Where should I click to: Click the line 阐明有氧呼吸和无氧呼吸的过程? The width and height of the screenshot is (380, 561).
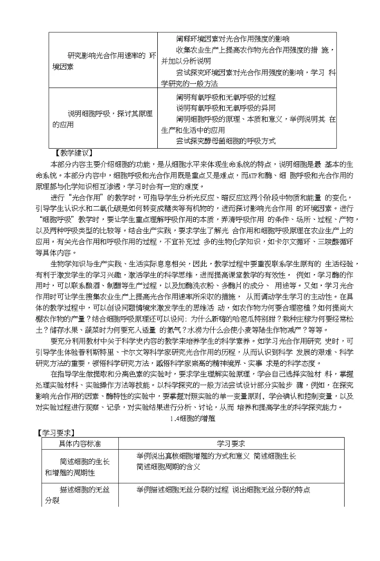[226, 98]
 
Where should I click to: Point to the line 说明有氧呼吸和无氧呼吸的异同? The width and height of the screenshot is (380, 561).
[226, 108]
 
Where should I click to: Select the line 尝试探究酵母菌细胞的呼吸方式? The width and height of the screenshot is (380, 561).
[226, 141]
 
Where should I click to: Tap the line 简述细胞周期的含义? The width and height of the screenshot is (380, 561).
[168, 466]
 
